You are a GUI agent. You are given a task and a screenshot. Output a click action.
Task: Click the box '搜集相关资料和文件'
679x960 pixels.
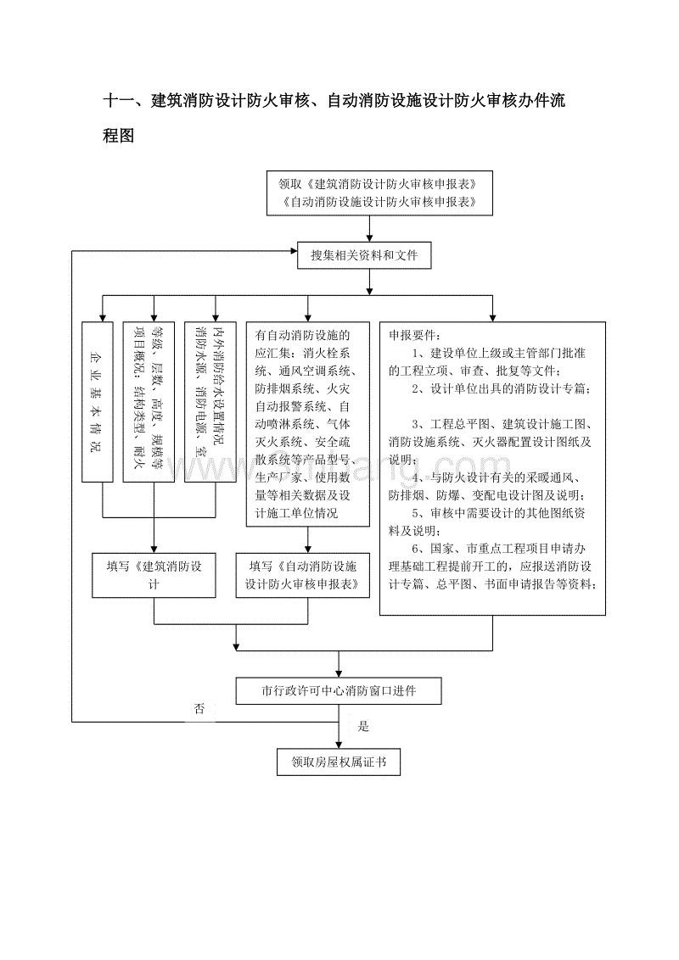coord(365,255)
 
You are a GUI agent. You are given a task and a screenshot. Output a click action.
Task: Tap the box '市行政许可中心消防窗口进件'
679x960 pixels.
coord(339,692)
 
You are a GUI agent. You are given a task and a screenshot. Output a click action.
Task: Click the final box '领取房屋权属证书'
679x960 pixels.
coord(338,762)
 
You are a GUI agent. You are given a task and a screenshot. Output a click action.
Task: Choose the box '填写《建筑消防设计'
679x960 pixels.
coord(153,576)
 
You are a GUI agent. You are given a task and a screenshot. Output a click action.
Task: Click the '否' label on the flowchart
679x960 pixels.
coord(199,708)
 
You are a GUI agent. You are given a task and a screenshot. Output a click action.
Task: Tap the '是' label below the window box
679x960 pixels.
coord(364,726)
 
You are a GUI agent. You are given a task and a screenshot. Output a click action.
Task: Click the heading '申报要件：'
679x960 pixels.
coord(415,335)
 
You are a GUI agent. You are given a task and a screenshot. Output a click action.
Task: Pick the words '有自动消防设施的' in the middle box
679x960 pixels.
coord(302,335)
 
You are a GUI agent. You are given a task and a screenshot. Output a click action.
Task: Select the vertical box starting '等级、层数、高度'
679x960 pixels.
coord(153,402)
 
